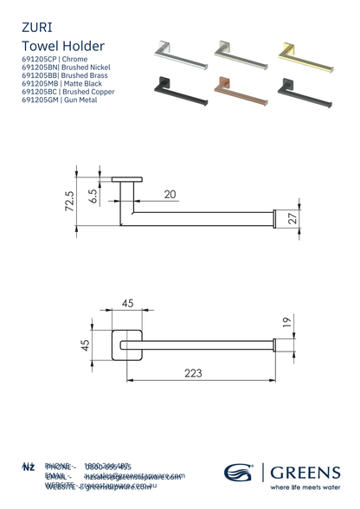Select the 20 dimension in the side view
[x=170, y=194]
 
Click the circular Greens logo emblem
[x=239, y=473]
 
